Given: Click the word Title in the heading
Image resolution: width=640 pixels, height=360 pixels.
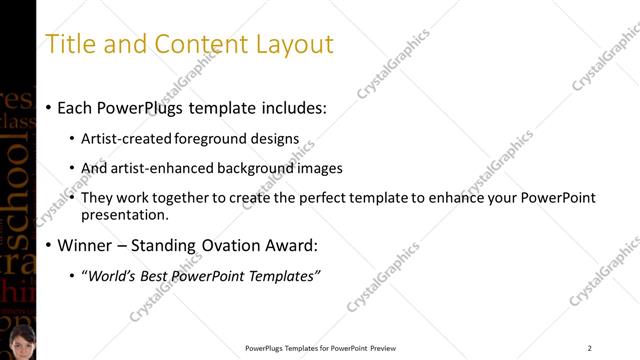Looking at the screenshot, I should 70,44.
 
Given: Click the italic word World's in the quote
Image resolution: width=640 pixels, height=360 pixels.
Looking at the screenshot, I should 114,275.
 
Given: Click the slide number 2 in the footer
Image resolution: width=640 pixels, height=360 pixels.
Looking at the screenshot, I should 589,348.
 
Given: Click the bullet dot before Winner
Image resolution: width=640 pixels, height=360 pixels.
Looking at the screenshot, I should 50,246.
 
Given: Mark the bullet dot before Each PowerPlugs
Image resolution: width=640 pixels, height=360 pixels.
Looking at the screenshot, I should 50,108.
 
